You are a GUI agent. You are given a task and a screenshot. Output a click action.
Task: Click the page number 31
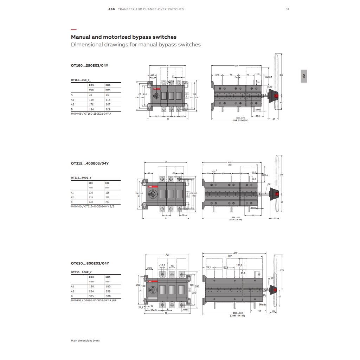coord(287,9)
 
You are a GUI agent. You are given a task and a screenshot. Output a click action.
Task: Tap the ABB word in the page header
coord(111,9)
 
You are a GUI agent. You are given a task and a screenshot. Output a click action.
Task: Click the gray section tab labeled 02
coord(304,76)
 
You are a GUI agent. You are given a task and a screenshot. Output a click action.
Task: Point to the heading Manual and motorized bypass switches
coord(124,37)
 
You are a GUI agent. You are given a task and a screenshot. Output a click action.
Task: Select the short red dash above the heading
coord(73,30)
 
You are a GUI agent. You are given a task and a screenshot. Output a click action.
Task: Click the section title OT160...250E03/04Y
coord(90,65)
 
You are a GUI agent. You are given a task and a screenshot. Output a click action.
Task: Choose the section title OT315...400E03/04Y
coord(90,163)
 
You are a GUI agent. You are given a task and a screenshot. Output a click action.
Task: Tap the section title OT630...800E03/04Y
coord(90,263)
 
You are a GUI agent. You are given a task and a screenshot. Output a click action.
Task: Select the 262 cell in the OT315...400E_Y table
coord(107,197)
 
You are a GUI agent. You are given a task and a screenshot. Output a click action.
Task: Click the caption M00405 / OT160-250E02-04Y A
coord(91,114)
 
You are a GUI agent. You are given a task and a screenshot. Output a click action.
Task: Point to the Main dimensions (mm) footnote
coord(85,341)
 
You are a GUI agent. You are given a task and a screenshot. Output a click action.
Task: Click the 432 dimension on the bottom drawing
coord(235,253)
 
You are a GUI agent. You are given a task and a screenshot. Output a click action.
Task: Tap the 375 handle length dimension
coord(282,270)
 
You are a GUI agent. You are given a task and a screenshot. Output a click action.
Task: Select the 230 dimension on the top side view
coord(236,66)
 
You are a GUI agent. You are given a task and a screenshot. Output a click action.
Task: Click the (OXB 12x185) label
coord(237,316)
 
